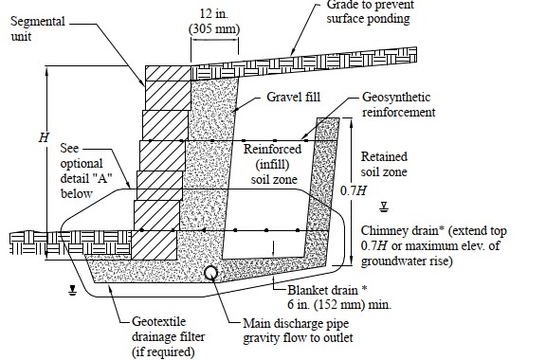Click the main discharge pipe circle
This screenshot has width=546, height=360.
(211, 273)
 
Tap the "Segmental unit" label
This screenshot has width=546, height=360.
(38, 28)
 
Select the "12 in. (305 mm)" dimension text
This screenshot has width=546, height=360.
(214, 21)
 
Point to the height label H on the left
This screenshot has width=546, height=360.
(44, 138)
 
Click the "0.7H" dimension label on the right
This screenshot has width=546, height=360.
(353, 190)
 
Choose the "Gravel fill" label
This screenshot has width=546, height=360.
(293, 97)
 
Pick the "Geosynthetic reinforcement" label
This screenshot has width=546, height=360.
(398, 104)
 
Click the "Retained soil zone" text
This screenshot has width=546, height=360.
(384, 164)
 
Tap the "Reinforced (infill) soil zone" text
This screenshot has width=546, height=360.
(273, 164)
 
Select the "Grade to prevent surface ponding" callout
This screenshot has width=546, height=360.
(370, 11)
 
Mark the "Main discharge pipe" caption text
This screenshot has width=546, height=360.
(296, 323)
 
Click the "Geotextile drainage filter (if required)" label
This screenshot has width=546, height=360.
(168, 336)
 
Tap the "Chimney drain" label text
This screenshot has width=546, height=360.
(403, 230)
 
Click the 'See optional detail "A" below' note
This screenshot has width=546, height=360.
(86, 171)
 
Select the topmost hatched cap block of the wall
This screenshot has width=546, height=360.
(168, 73)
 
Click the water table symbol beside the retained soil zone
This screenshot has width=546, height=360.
(384, 207)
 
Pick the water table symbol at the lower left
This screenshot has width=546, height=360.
(72, 290)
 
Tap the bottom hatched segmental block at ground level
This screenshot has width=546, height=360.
(154, 245)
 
